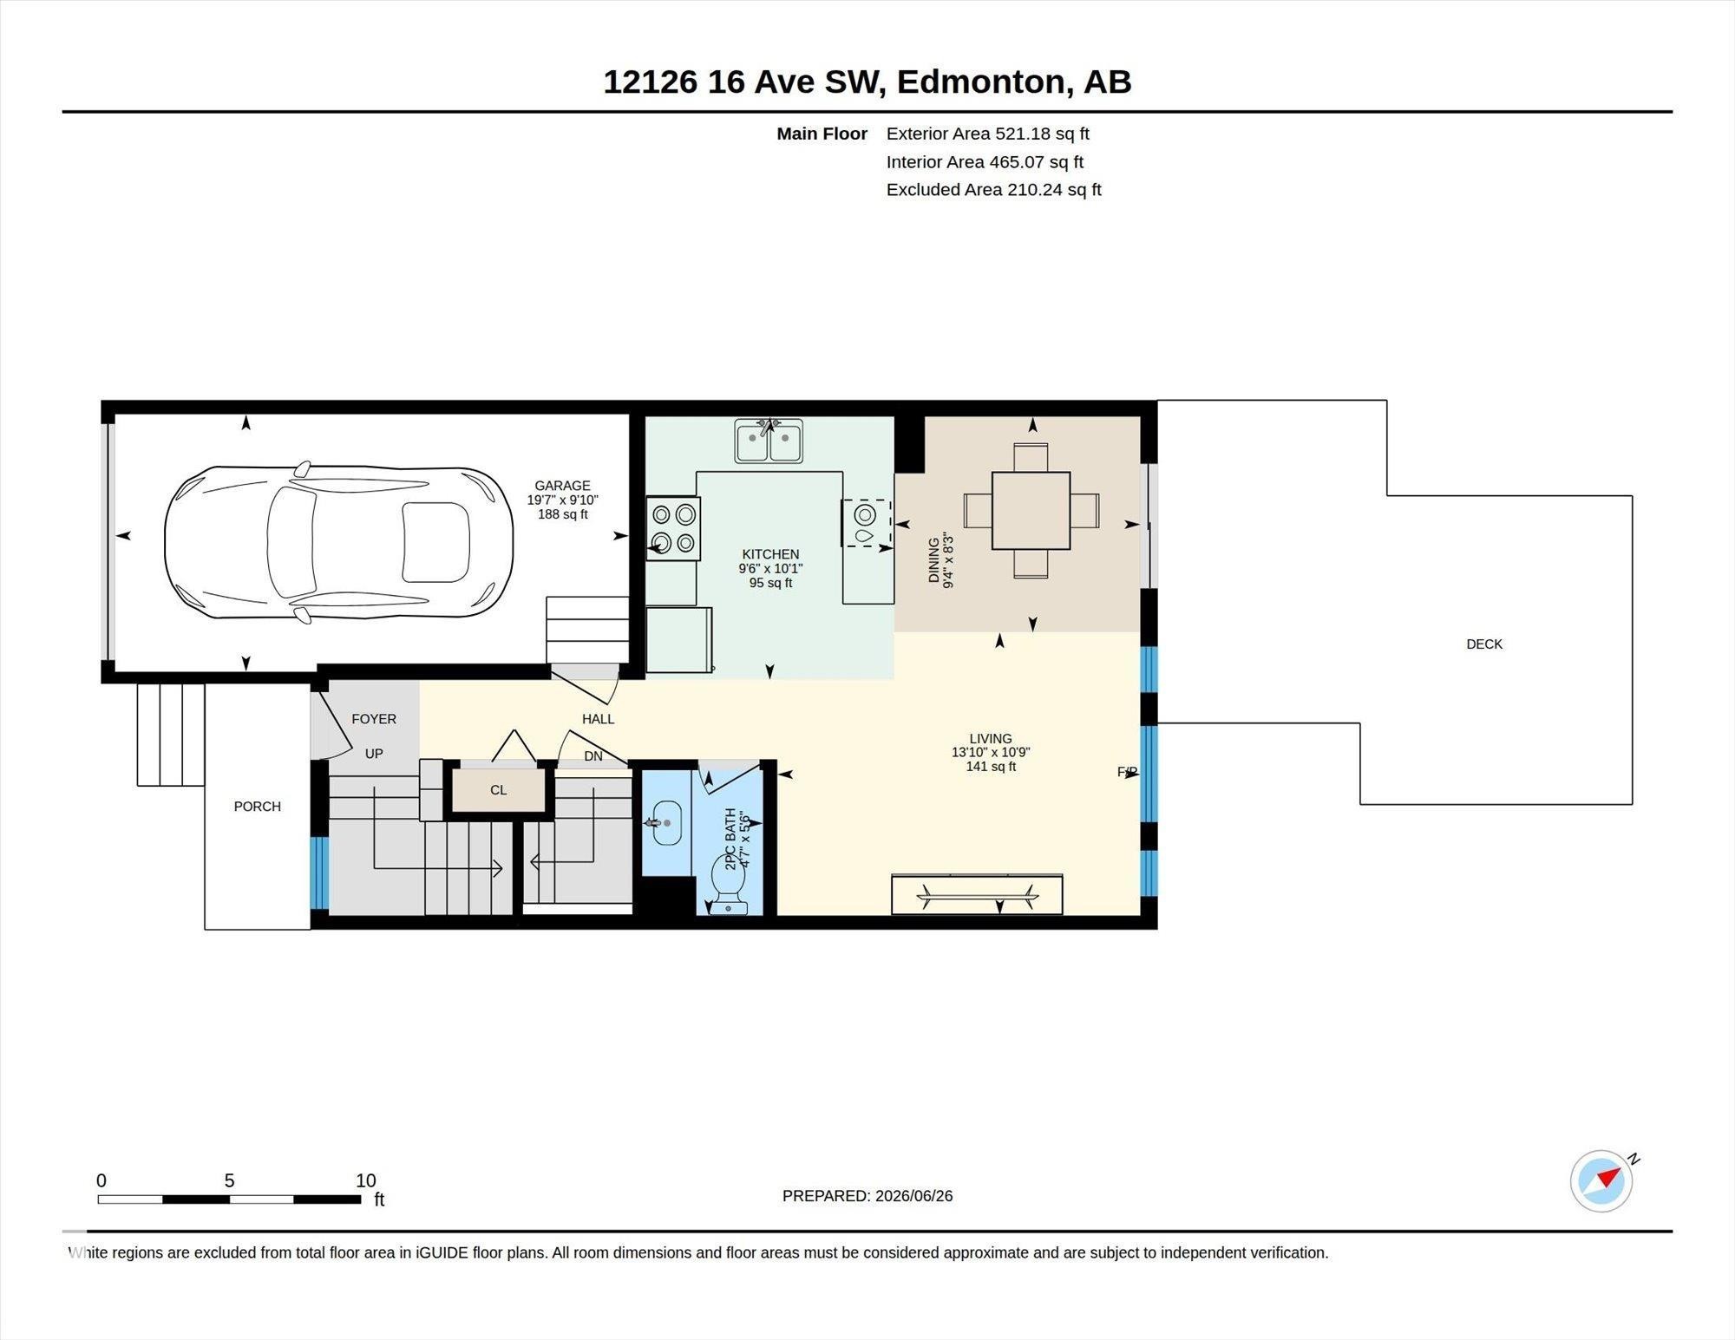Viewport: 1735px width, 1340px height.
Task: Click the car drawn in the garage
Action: [x=338, y=542]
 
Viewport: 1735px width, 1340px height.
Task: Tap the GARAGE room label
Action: [x=562, y=486]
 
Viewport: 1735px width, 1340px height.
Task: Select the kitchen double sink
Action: [x=769, y=441]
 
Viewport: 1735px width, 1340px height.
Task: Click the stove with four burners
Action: [x=673, y=528]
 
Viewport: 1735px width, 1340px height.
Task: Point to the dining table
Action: [x=1031, y=510]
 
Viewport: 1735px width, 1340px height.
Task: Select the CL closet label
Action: [x=498, y=790]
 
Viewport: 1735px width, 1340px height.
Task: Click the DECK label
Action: [x=1484, y=644]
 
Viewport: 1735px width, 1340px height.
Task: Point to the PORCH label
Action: [x=258, y=807]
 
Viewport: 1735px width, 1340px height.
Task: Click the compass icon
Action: [x=1601, y=1180]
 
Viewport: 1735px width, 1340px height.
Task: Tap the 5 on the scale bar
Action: [x=229, y=1180]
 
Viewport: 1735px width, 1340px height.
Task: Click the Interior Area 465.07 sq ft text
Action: [x=985, y=162]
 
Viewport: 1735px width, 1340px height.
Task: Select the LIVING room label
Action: [x=991, y=739]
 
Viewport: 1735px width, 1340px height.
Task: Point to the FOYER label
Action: [x=374, y=719]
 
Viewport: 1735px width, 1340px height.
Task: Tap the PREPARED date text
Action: [x=867, y=1196]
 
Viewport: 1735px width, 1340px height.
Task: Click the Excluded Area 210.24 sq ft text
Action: [x=993, y=190]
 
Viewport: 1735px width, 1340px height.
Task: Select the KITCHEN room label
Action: [x=770, y=554]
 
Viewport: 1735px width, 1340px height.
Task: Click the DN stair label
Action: [x=593, y=756]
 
